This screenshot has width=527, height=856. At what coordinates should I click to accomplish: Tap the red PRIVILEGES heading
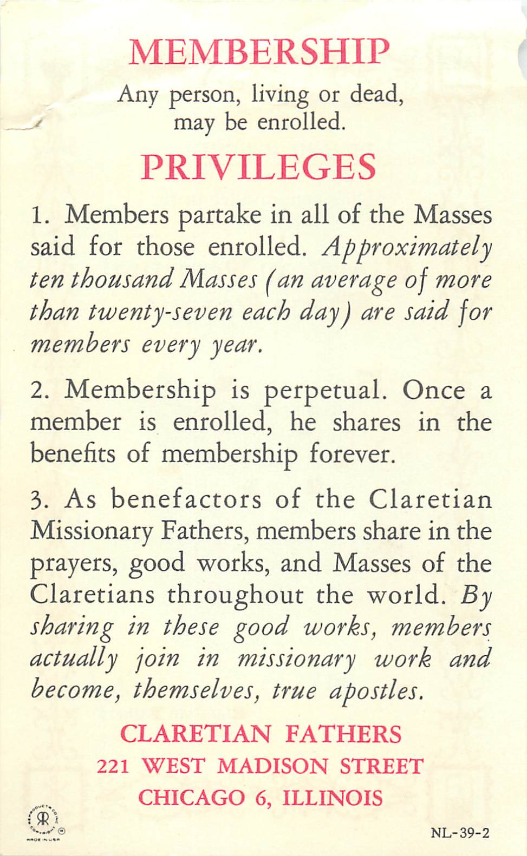click(x=258, y=167)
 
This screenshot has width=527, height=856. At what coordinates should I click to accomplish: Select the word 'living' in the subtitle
click(x=280, y=95)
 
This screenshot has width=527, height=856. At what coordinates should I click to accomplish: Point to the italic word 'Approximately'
click(x=407, y=248)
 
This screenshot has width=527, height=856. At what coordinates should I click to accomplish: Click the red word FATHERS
click(x=343, y=734)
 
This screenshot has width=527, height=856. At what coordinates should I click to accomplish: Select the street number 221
click(x=113, y=766)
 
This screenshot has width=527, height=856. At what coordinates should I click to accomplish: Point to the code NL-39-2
click(x=460, y=832)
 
